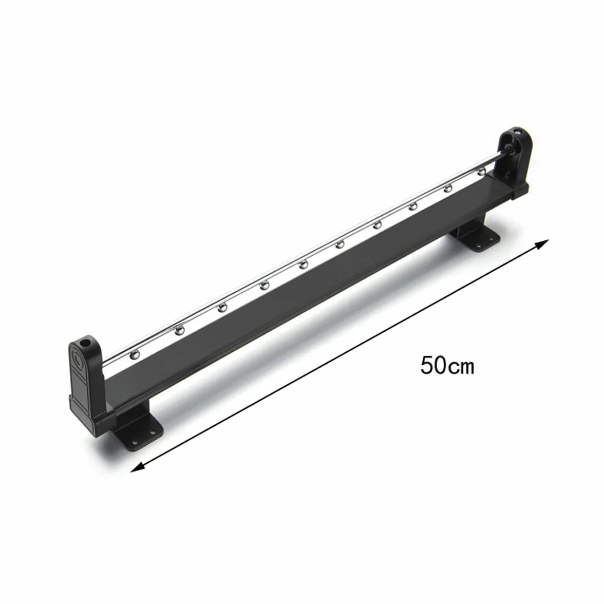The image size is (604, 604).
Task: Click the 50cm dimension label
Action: click(x=447, y=365)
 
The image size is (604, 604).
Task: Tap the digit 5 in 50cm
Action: click(x=427, y=365)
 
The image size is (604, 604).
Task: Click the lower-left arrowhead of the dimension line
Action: click(x=137, y=467)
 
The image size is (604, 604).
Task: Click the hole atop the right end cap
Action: click(x=518, y=133)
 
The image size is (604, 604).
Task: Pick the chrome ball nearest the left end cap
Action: click(x=135, y=353)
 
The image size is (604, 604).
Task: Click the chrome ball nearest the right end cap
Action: click(x=482, y=172)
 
